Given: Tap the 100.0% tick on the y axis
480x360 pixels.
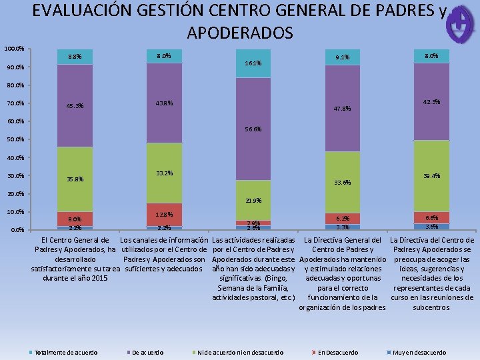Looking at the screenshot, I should click(15, 49).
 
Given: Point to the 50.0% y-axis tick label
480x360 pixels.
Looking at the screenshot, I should click(15, 140).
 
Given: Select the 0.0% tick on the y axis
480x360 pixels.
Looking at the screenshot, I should click(15, 231).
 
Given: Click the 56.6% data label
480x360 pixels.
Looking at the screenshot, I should click(253, 129).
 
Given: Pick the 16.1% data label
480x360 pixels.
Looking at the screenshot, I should click(253, 64).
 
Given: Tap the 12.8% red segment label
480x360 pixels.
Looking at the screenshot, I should click(164, 214).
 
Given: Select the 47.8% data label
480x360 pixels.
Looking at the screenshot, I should click(341, 108).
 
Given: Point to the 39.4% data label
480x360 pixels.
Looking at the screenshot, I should click(431, 176).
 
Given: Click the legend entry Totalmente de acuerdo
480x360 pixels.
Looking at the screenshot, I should click(65, 352).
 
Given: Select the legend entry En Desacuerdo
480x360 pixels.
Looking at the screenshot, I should click(337, 352).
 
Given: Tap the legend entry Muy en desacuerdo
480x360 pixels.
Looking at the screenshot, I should click(419, 352).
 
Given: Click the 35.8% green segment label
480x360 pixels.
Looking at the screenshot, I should click(74, 179).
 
